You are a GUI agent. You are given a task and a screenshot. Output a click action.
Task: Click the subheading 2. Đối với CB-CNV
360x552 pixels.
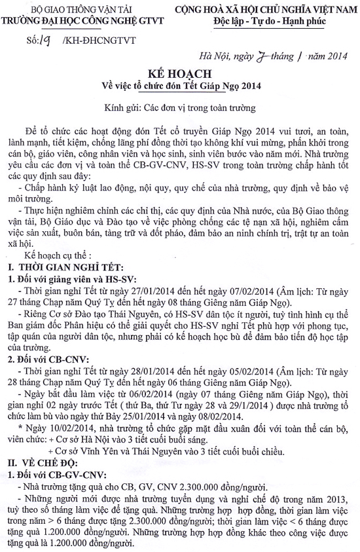[48, 359]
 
